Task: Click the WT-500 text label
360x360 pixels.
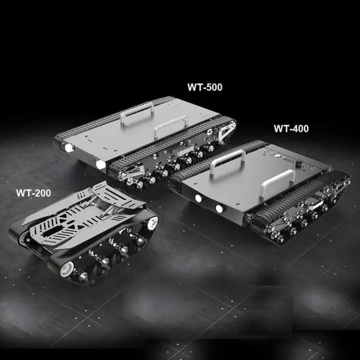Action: pyautogui.click(x=205, y=87)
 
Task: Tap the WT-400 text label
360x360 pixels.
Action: pyautogui.click(x=291, y=129)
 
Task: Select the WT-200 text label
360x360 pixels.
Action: pyautogui.click(x=33, y=193)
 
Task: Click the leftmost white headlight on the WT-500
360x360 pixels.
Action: pyautogui.click(x=69, y=148)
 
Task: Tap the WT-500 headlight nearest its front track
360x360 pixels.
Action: pyautogui.click(x=100, y=165)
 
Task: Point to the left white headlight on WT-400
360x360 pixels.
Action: pyautogui.click(x=198, y=199)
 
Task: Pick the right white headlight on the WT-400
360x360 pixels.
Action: pyautogui.click(x=220, y=208)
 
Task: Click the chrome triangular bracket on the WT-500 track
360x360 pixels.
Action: pyautogui.click(x=227, y=131)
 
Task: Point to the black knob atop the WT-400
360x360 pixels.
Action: pyautogui.click(x=299, y=164)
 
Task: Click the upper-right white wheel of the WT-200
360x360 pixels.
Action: pyautogui.click(x=152, y=223)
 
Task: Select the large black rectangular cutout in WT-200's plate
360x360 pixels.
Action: pyautogui.click(x=52, y=231)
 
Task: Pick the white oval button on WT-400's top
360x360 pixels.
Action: pyautogui.click(x=278, y=156)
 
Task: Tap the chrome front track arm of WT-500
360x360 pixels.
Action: pyautogui.click(x=131, y=171)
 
